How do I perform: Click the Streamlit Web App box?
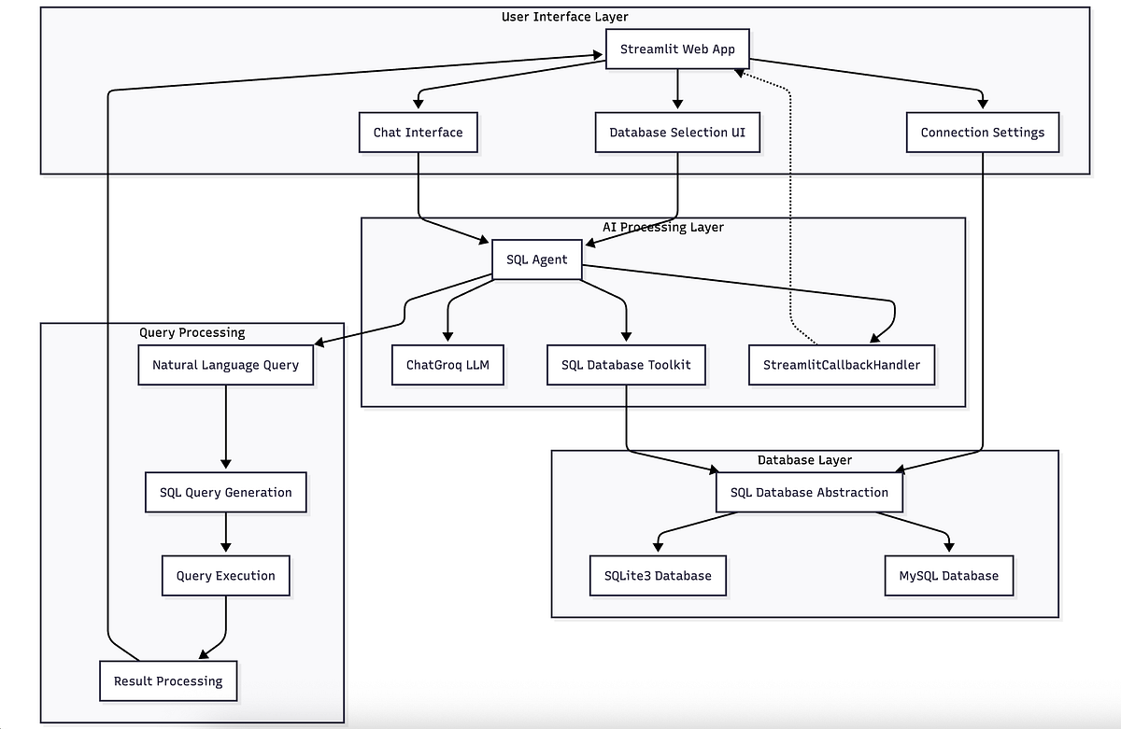[x=677, y=49]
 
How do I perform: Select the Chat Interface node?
[x=418, y=133]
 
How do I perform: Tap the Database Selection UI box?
[x=677, y=133]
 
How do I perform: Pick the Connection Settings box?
[x=982, y=133]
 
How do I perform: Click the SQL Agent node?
[x=536, y=259]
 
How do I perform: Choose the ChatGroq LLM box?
[x=447, y=365]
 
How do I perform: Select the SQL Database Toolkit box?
[x=626, y=365]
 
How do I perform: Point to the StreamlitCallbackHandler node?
[x=842, y=365]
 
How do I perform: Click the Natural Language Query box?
[x=225, y=365]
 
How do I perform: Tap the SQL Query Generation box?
[x=225, y=493]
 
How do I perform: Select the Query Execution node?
[x=225, y=576]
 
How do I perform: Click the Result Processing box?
[x=168, y=680]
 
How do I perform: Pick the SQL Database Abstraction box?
[x=809, y=492]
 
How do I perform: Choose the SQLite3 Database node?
[x=658, y=575]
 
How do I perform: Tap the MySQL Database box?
[x=948, y=575]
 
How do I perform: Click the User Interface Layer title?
[x=564, y=17]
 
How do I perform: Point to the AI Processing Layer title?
[x=662, y=227]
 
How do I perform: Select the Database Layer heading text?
[x=803, y=460]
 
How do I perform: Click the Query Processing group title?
[x=192, y=332]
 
